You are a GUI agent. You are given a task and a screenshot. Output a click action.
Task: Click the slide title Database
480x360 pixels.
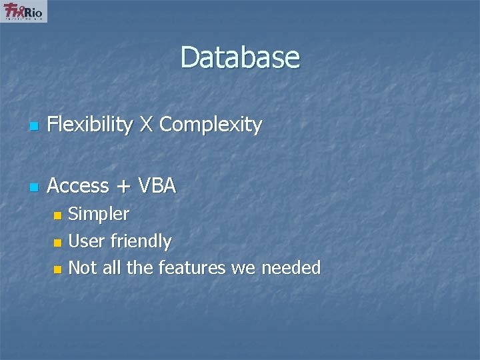240,57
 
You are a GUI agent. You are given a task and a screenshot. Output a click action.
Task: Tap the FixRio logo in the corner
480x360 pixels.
24,11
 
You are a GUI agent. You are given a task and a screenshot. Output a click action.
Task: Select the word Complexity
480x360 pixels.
211,124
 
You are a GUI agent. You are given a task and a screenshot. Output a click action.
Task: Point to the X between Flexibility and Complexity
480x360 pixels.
146,124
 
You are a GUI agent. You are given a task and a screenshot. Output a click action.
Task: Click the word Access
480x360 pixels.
78,186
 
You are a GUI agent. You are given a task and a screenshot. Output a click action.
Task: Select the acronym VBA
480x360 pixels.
157,186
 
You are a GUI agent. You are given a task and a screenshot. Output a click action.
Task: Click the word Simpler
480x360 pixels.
99,214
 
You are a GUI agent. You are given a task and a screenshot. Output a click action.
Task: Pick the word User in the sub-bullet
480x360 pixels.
87,241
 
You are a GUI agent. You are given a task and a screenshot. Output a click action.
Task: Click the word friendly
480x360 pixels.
141,241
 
